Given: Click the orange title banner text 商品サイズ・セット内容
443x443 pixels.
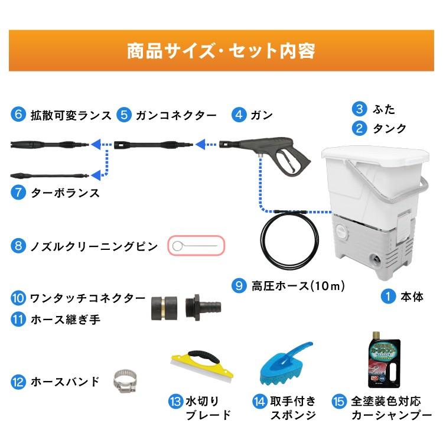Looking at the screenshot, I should coord(221,50).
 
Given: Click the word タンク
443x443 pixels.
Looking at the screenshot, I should coord(389,128).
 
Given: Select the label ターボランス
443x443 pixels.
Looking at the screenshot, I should coord(64,193).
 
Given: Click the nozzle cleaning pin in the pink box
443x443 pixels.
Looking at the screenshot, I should coord(197,246).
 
